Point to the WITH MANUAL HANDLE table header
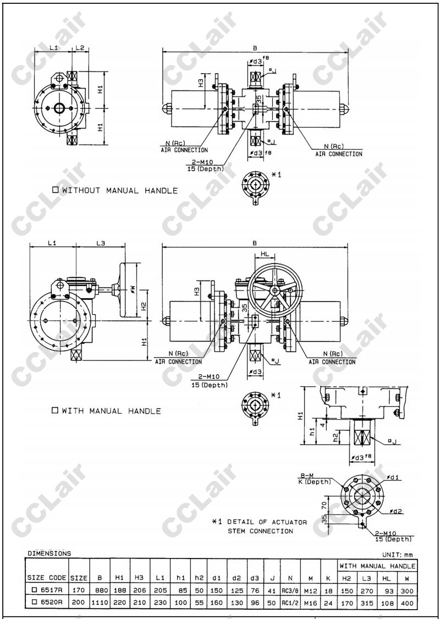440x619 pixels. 377,566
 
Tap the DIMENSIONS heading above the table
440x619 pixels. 50,553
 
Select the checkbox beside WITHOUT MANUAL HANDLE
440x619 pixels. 56,190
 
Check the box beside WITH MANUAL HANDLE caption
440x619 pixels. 55,410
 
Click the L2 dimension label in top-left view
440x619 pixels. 80,48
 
